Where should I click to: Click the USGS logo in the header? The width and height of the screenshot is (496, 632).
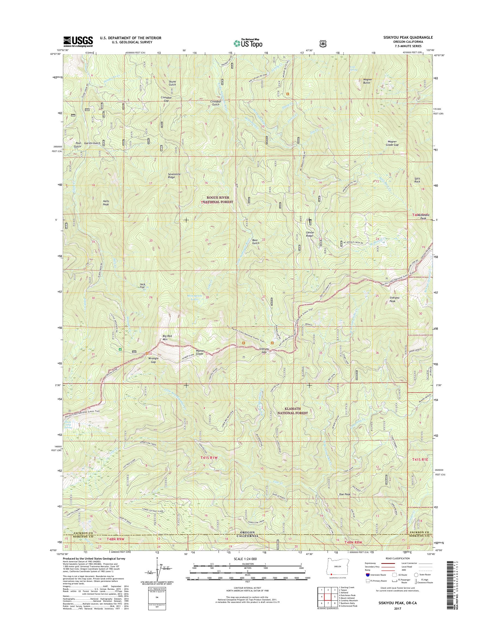[x=78, y=42]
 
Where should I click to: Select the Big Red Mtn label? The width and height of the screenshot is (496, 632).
[x=168, y=337]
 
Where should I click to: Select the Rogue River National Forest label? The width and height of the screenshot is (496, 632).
[x=218, y=199]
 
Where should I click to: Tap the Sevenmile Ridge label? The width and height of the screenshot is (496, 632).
[x=174, y=175]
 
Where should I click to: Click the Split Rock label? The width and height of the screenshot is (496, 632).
[x=417, y=180]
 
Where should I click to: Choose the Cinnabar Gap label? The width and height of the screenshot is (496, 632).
[x=166, y=99]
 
